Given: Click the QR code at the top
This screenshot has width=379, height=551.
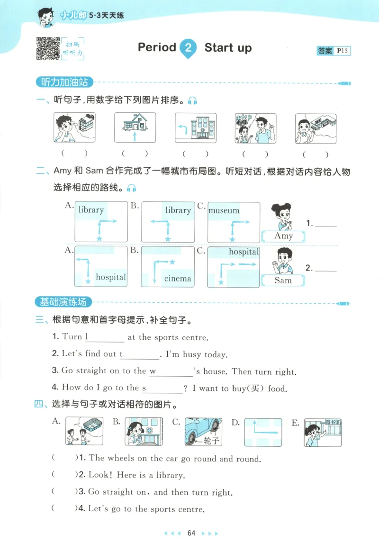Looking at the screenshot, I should [x=48, y=48].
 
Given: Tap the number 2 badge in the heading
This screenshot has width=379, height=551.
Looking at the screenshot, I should [x=188, y=48].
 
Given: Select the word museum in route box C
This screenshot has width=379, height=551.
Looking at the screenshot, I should [x=224, y=210].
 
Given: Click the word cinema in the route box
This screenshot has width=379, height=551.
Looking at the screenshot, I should [x=178, y=279].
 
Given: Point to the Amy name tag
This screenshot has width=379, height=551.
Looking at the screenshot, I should [x=284, y=236].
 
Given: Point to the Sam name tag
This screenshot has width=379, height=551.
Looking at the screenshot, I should [x=283, y=280].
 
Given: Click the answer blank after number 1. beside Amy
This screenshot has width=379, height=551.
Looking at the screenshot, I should [x=325, y=224].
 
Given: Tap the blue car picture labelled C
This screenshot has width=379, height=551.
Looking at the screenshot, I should [x=203, y=432].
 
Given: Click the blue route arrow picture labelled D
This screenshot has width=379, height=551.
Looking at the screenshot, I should [x=263, y=432].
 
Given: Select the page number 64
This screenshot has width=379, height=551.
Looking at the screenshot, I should [x=191, y=533].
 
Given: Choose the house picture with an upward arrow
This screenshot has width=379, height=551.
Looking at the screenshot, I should [x=135, y=127].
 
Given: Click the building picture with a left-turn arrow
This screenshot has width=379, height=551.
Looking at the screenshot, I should [x=196, y=127].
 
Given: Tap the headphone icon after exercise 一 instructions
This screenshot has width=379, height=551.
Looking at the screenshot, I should [x=192, y=100].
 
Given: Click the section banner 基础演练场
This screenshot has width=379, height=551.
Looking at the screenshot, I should [x=64, y=302].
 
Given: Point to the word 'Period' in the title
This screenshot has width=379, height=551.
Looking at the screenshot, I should [x=157, y=47].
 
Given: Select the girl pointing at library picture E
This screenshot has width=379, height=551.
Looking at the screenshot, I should [x=322, y=432].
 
